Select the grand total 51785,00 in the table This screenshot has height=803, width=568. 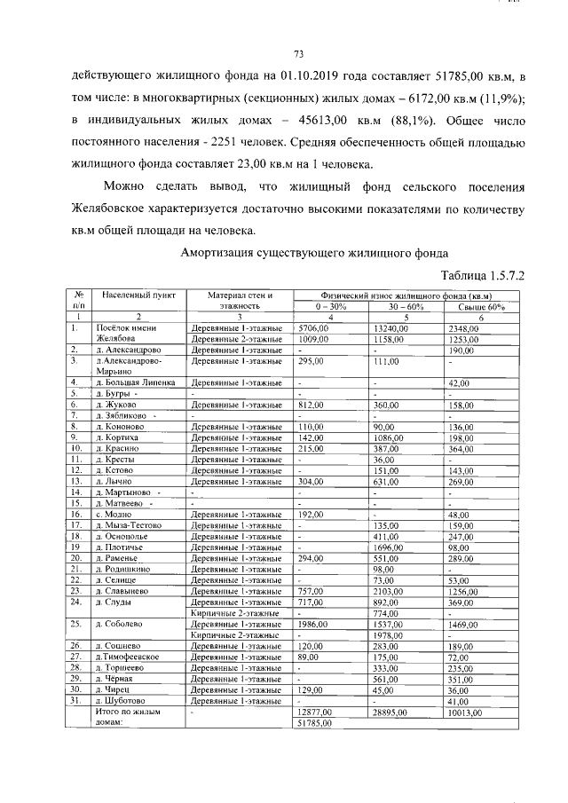pos(314,722)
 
